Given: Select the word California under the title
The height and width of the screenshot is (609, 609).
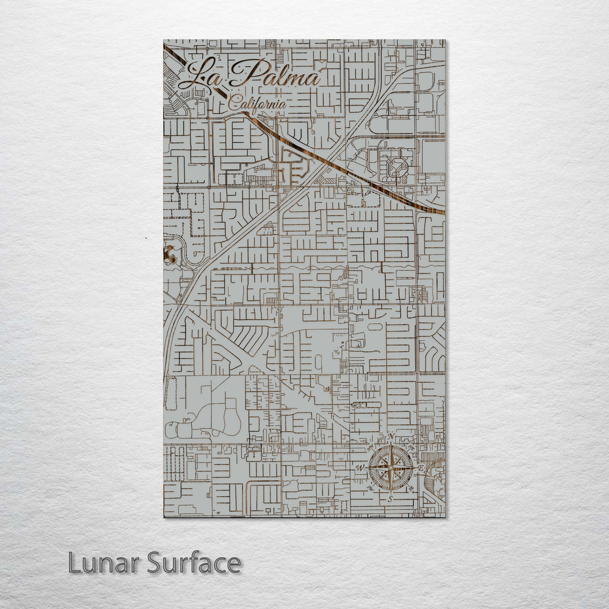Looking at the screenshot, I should point(257,104).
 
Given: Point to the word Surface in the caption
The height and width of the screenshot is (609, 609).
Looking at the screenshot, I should point(194,562).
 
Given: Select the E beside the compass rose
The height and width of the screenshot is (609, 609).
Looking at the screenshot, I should point(420,468).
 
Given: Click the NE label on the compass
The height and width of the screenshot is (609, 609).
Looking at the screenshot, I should point(411,447).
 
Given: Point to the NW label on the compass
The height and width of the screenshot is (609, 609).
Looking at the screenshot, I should point(370,447).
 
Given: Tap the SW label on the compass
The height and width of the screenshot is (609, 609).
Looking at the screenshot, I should point(370,488).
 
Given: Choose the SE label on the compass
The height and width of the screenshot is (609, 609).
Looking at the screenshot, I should point(411,488).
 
